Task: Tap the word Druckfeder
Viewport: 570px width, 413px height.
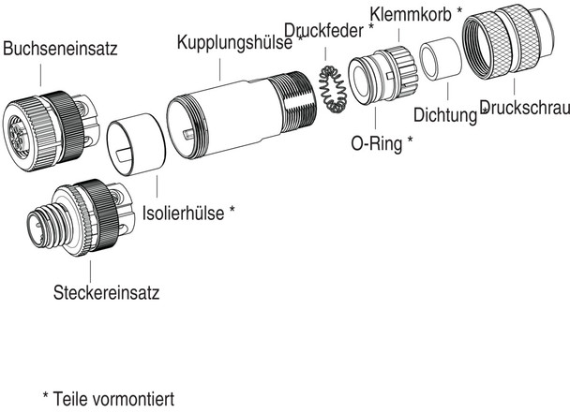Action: pos(324,28)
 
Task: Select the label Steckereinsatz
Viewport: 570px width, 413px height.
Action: pos(106,292)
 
